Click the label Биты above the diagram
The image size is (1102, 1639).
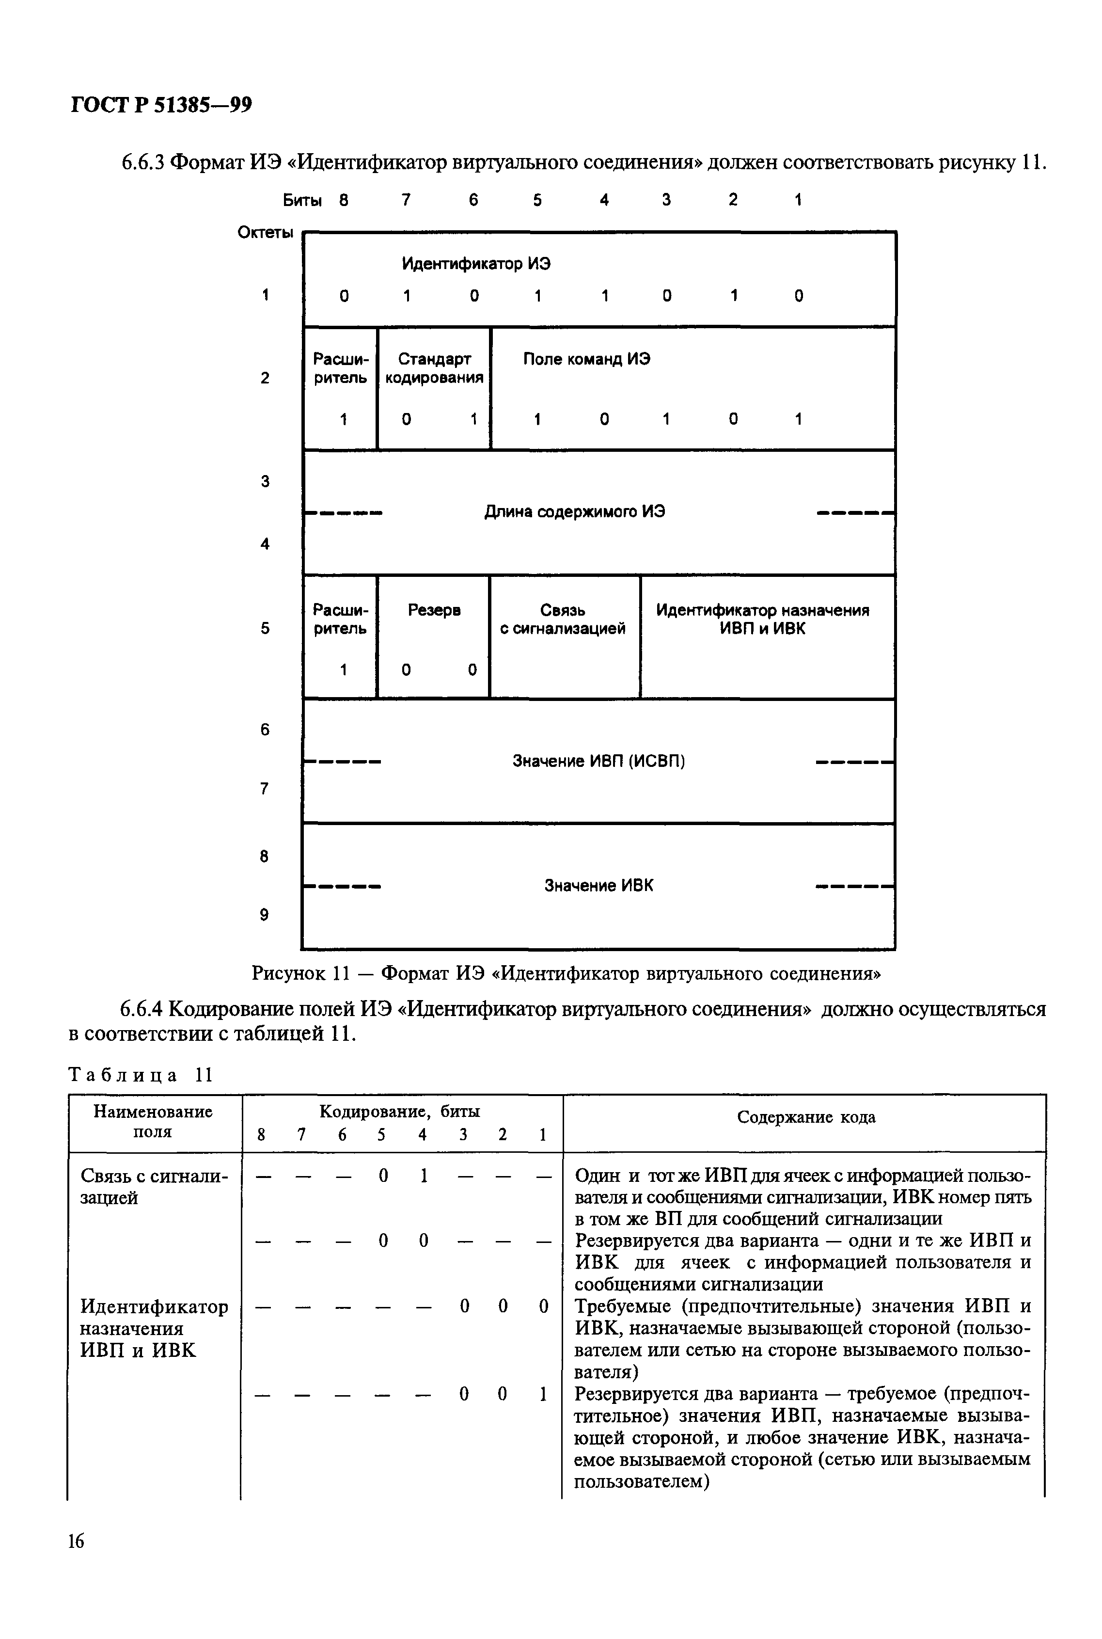pyautogui.click(x=302, y=200)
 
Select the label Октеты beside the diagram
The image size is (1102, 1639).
pyautogui.click(x=265, y=233)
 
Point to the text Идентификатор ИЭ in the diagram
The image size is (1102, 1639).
pyautogui.click(x=476, y=264)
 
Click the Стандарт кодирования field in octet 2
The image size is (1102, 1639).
pyautogui.click(x=434, y=368)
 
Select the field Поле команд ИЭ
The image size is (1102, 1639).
pyautogui.click(x=586, y=359)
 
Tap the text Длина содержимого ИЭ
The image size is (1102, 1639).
pyautogui.click(x=574, y=511)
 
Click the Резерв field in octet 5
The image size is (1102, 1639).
pyautogui.click(x=434, y=610)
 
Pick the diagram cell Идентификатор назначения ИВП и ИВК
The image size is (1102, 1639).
pyautogui.click(x=763, y=619)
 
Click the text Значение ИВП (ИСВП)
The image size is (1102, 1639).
pyautogui.click(x=598, y=761)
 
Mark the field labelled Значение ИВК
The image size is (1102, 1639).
pyautogui.click(x=598, y=886)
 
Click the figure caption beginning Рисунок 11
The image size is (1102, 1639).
pyautogui.click(x=567, y=973)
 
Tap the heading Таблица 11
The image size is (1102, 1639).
pyautogui.click(x=140, y=1075)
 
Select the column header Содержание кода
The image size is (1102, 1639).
pyautogui.click(x=805, y=1117)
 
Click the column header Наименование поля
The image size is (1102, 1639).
pyautogui.click(x=153, y=1122)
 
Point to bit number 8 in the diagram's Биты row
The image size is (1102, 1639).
pyautogui.click(x=344, y=200)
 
